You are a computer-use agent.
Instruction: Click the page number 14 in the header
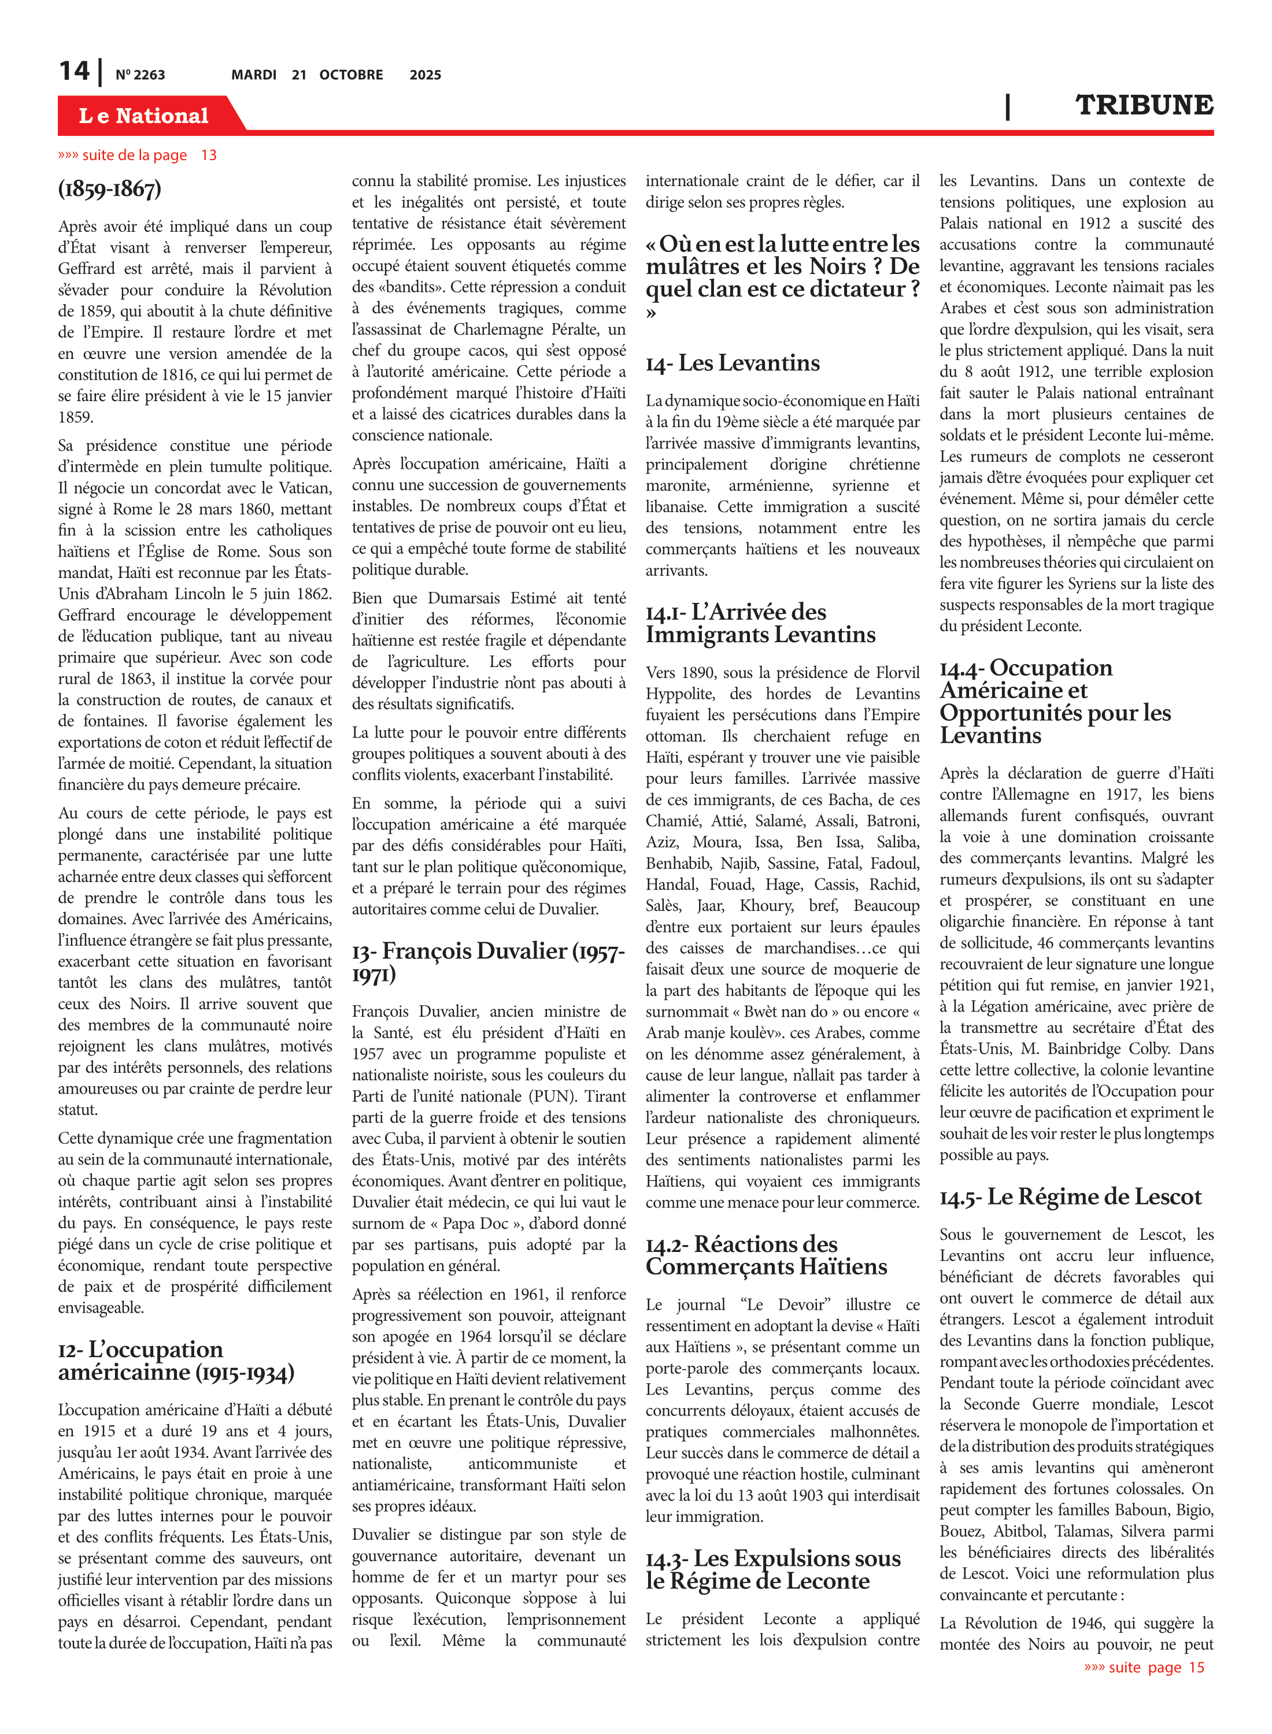[75, 71]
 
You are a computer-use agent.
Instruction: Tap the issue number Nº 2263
[140, 75]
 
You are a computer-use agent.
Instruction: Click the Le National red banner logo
[144, 116]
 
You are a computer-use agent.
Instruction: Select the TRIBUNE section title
[1144, 105]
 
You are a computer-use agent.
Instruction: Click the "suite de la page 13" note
[137, 155]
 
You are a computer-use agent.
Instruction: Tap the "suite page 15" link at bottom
[1144, 1667]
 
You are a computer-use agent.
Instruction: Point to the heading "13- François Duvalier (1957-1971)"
[488, 961]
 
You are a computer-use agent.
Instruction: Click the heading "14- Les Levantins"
[732, 363]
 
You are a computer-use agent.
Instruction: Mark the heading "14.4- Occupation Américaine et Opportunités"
[1055, 701]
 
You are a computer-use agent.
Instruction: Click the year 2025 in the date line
[425, 75]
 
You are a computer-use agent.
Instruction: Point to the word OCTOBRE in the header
[351, 75]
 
